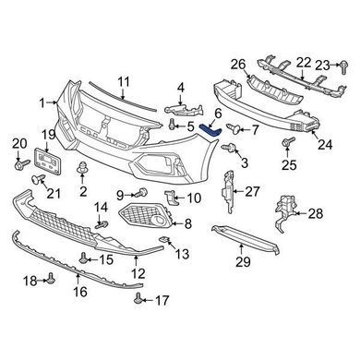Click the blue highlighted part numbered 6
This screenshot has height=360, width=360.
pos(210,131)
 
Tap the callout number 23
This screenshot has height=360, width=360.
pos(322,66)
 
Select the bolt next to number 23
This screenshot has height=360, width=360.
pos(343,67)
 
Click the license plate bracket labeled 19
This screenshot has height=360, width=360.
pos(48,161)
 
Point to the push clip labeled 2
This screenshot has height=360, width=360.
pos(82,168)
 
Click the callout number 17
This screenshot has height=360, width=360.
pos(162,300)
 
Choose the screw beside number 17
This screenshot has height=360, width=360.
pos(138,297)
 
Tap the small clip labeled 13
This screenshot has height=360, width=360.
pos(164,239)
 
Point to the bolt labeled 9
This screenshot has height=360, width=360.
pos(142,193)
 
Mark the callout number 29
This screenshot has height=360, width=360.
pos(244,262)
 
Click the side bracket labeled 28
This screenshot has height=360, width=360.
pos(283,212)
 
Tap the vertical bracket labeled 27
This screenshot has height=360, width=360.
pos(228,190)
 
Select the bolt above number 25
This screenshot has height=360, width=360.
pos(287,142)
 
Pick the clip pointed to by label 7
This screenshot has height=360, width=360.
pos(234,129)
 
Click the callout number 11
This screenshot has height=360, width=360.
pos(124,82)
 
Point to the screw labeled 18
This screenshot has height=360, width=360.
pos(51,278)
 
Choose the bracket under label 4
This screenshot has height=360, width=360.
pos(185,109)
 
